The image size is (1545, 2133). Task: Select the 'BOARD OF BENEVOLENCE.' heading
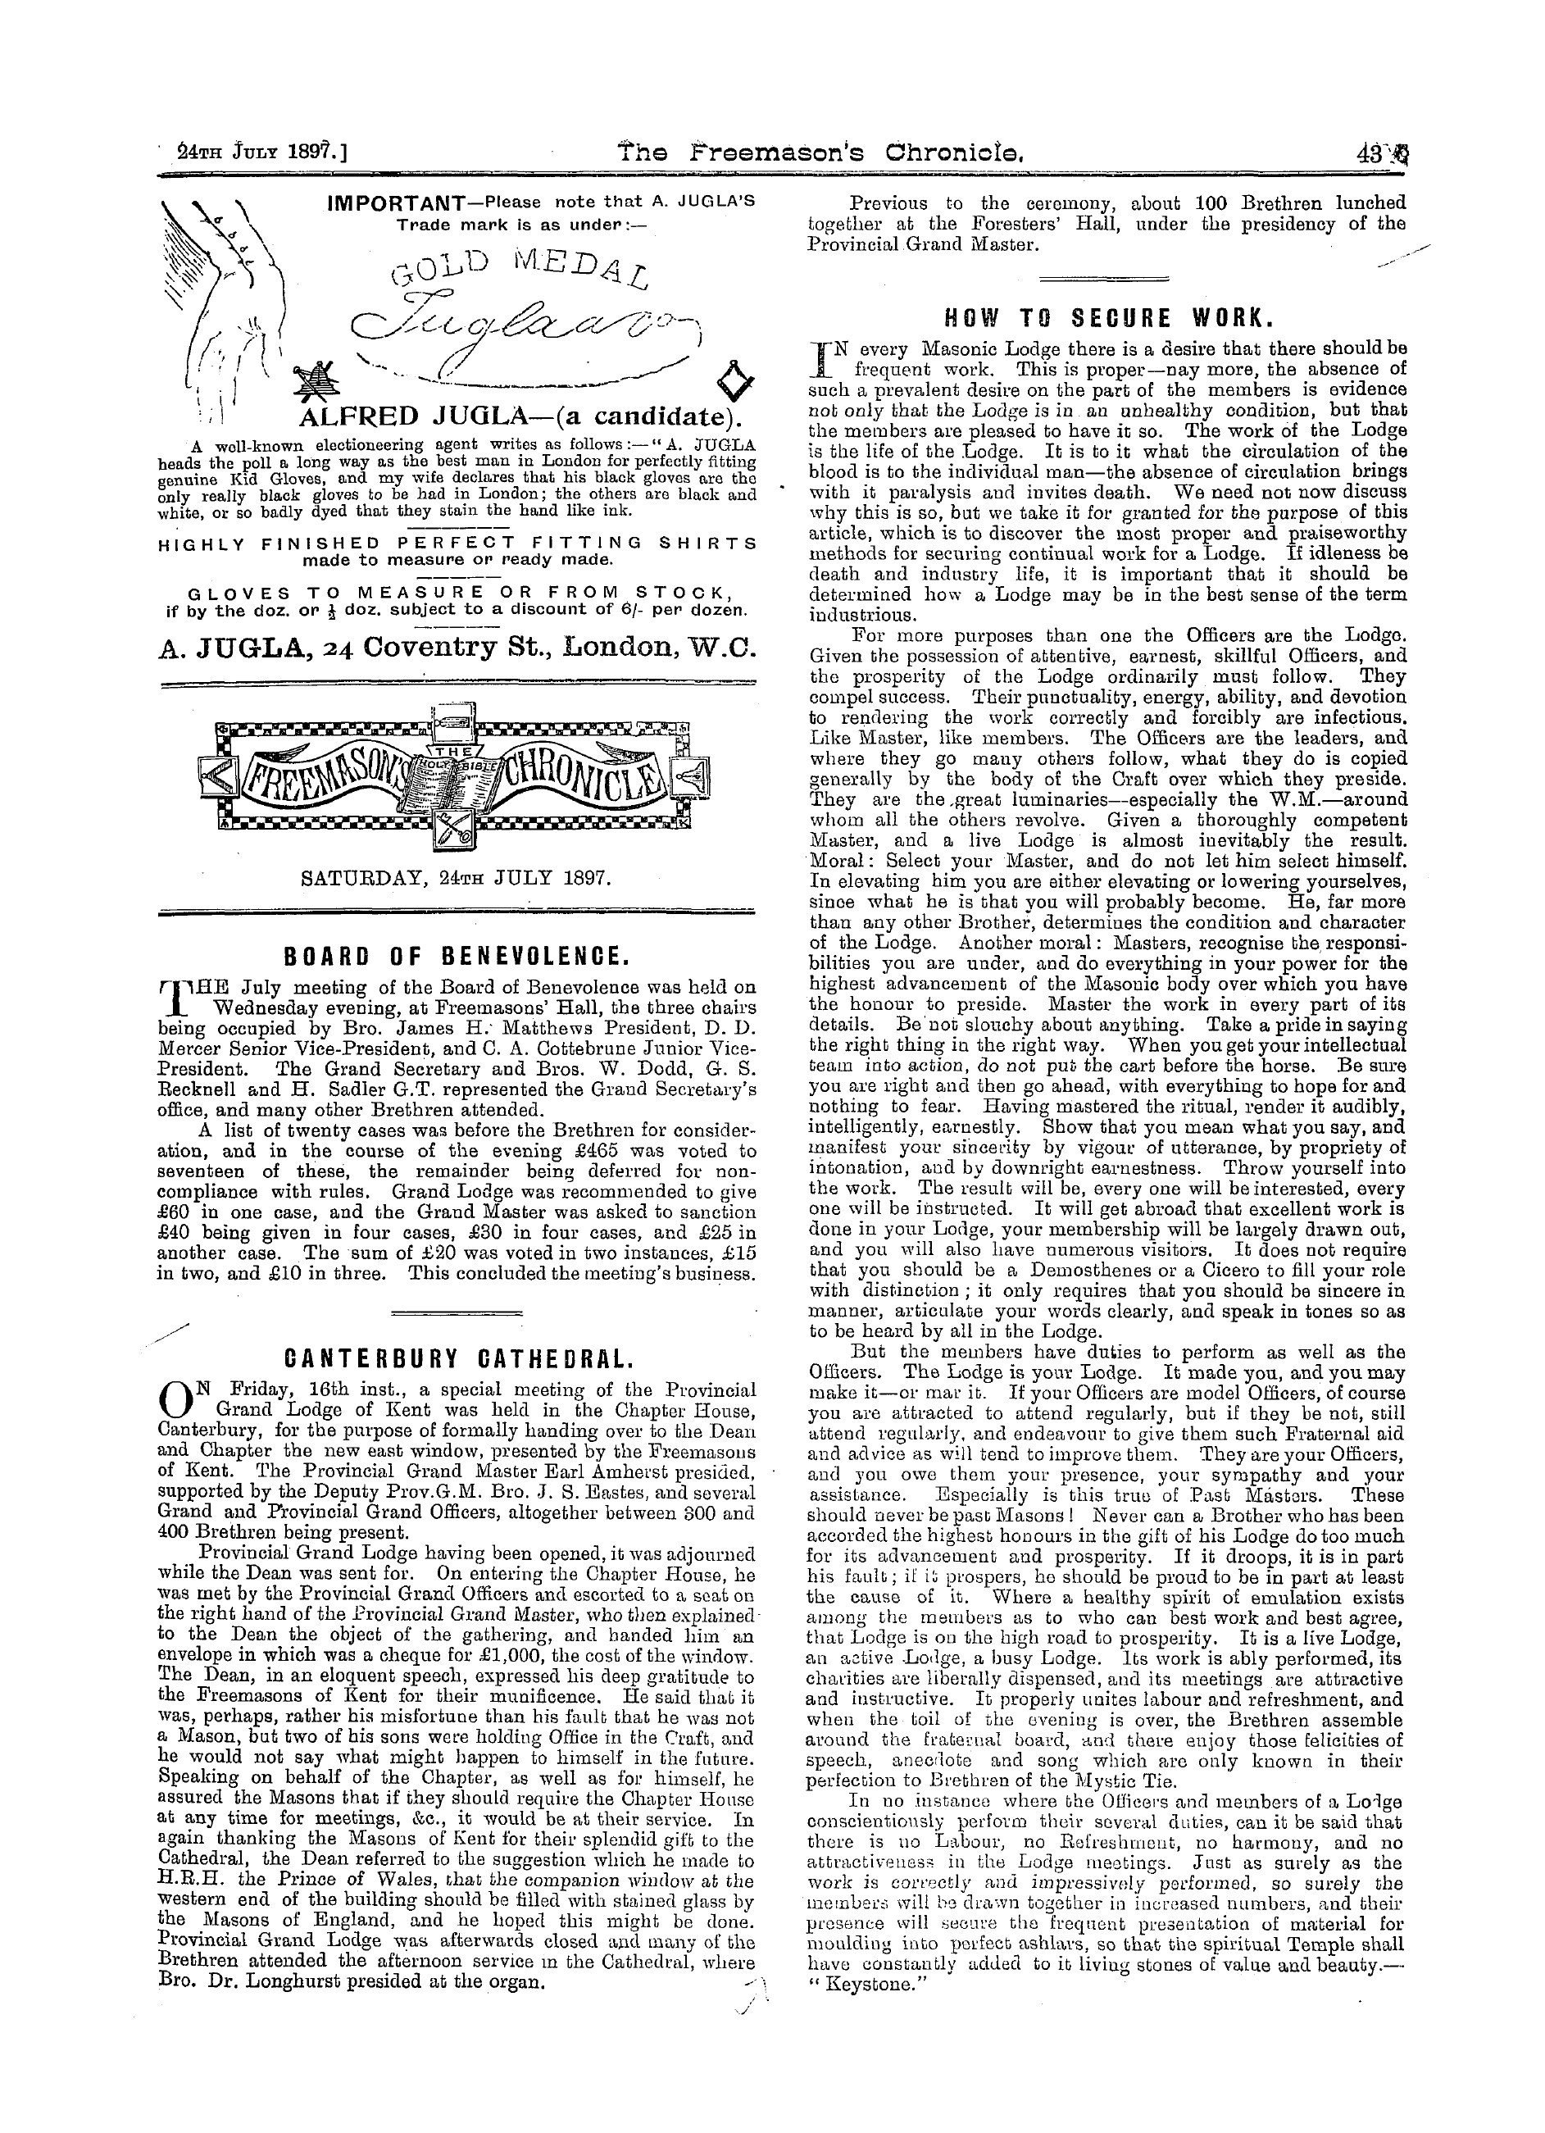457,957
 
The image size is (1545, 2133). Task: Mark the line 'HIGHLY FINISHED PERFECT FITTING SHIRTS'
457,543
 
